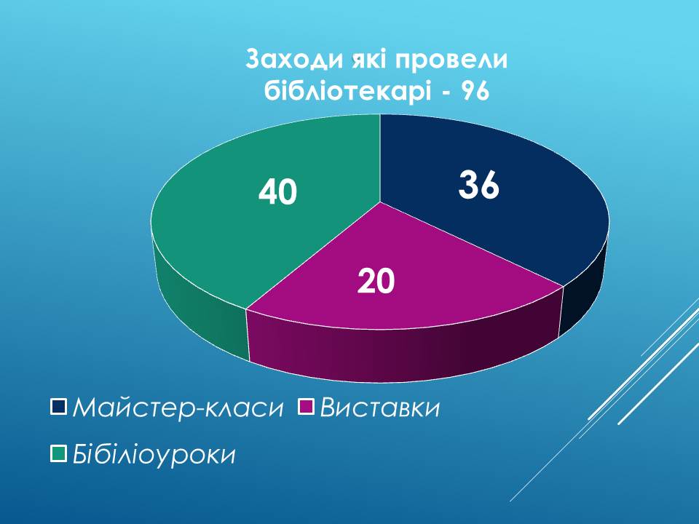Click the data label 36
(x=479, y=184)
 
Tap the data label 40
(x=277, y=192)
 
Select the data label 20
(x=376, y=281)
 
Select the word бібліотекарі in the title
(x=348, y=92)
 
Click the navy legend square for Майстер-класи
(x=58, y=406)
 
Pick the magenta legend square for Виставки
(x=306, y=406)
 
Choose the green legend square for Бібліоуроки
(x=58, y=453)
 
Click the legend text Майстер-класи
(x=178, y=408)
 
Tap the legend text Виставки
(x=380, y=408)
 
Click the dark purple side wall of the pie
(x=401, y=352)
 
